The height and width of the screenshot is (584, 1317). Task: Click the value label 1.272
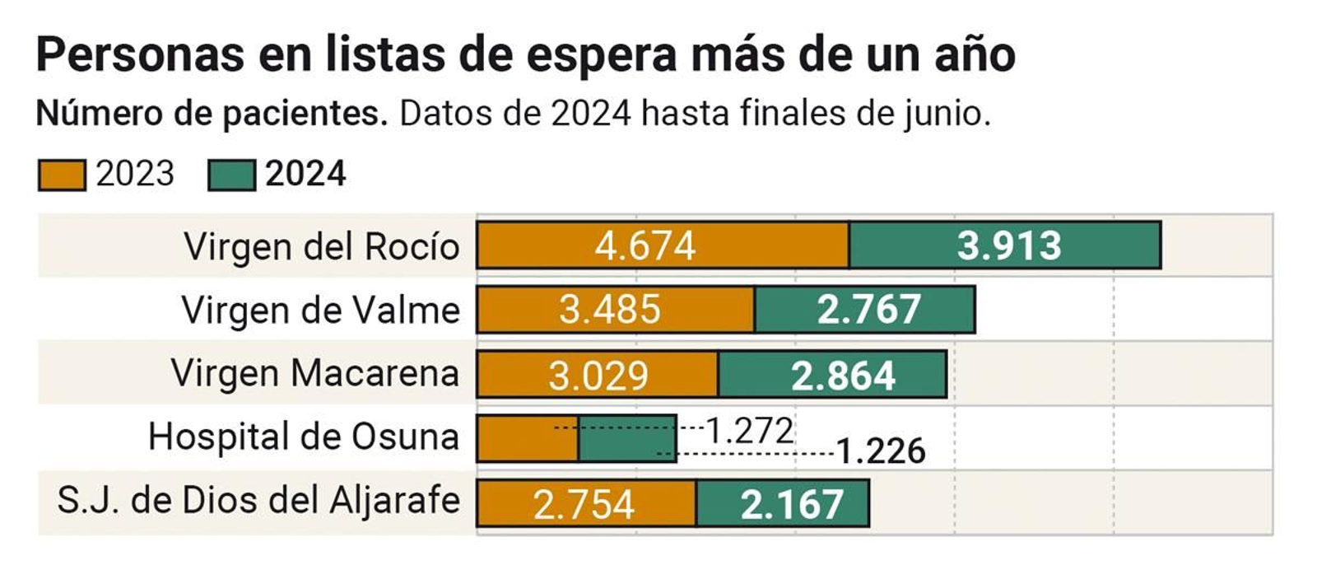[x=750, y=431]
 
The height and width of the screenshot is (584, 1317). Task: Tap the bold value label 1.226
[x=881, y=451]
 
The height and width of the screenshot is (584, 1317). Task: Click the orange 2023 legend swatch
[x=62, y=175]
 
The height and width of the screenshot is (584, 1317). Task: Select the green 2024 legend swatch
[x=231, y=175]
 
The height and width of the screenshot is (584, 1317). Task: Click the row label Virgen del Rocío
[x=321, y=246]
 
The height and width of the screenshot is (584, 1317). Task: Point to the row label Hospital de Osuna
[x=303, y=437]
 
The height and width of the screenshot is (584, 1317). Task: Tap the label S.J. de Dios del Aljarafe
[x=258, y=500]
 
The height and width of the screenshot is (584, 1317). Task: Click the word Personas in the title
[x=140, y=55]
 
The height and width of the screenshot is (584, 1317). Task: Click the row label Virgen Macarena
[x=314, y=373]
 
